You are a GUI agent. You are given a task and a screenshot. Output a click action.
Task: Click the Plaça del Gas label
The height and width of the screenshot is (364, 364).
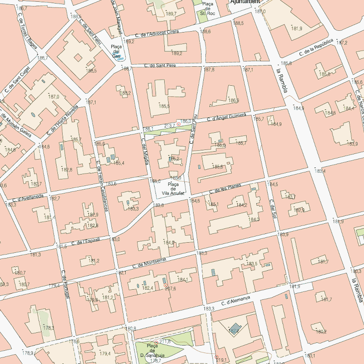tap(116, 51)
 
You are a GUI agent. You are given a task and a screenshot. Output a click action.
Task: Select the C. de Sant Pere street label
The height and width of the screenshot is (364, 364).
tap(160, 66)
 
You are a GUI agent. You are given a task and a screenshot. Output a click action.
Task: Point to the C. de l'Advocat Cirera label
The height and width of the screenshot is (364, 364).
tap(157, 34)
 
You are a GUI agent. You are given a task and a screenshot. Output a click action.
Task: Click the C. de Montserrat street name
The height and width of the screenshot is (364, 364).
tap(149, 262)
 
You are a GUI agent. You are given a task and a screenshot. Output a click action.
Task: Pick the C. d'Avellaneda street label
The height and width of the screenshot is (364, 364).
tap(25, 200)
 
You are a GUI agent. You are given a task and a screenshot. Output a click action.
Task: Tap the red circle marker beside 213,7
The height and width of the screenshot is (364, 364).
tap(178, 124)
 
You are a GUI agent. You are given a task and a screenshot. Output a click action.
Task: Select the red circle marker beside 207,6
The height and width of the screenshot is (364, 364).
tap(165, 286)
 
